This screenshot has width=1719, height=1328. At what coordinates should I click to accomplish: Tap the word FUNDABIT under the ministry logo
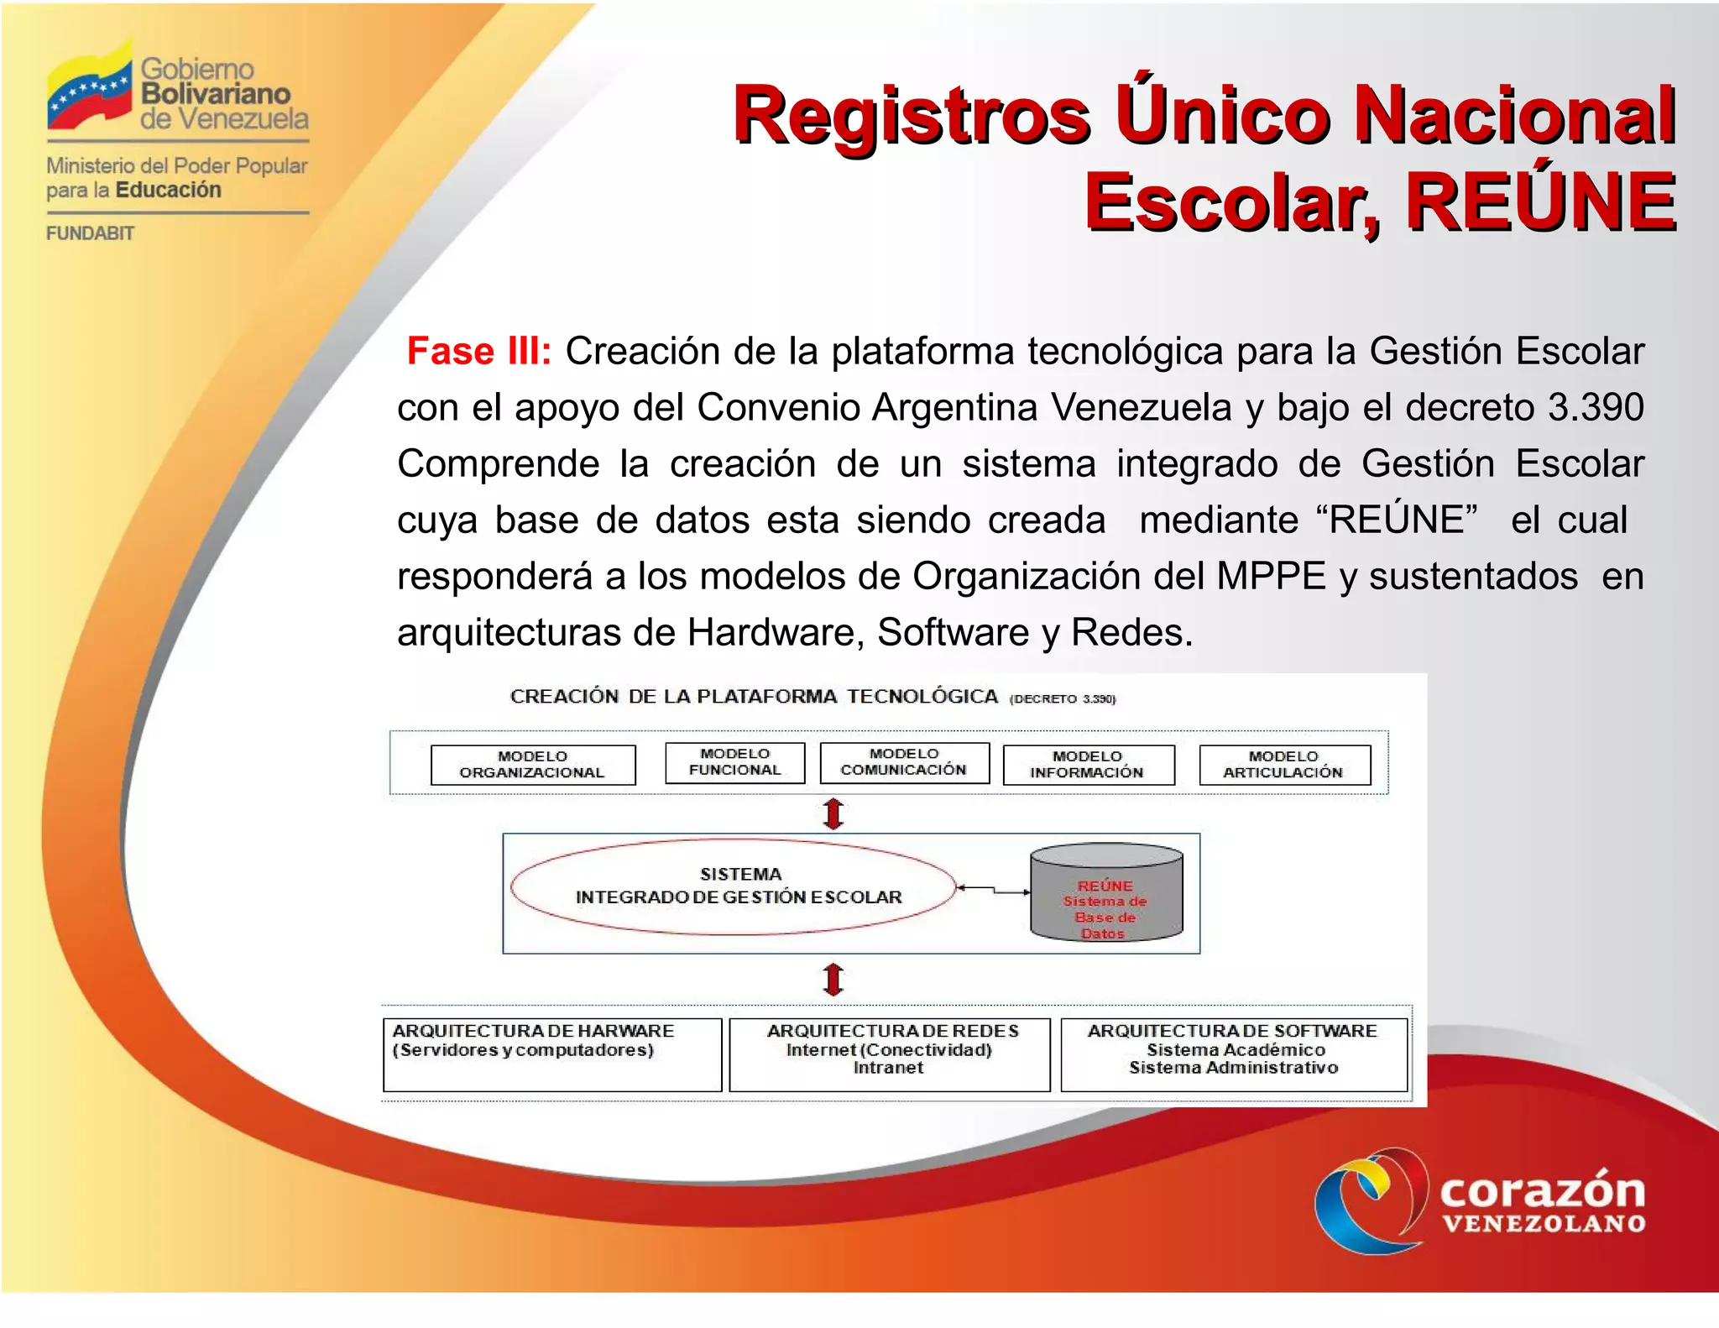[x=90, y=233]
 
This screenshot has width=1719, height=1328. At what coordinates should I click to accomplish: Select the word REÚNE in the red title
[x=1540, y=202]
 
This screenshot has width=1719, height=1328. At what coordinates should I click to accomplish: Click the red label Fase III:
[x=478, y=351]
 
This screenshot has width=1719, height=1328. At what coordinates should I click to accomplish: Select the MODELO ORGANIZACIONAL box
[x=532, y=765]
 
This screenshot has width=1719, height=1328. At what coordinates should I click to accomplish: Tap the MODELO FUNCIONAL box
[x=734, y=762]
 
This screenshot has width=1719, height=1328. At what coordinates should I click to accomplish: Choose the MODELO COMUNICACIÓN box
[x=904, y=762]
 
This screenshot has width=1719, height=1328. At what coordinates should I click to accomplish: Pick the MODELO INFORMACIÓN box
[x=1088, y=765]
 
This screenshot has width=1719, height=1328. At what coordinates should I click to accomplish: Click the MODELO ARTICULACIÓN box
[x=1284, y=765]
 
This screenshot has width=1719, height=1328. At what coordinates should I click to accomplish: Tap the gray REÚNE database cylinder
[x=1106, y=894]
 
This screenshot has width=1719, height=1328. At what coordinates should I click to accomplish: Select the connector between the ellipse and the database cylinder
[x=994, y=889]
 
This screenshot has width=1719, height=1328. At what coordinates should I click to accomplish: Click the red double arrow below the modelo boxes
[x=833, y=813]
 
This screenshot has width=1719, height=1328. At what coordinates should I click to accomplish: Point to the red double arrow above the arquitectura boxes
[x=833, y=979]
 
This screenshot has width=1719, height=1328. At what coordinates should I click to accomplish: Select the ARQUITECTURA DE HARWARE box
[x=551, y=1054]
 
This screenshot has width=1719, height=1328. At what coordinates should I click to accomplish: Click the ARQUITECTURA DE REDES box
[x=890, y=1054]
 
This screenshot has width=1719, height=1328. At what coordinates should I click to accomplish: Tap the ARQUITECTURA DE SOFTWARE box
[x=1233, y=1054]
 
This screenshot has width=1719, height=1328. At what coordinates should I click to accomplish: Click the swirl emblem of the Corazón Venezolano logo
[x=1371, y=1200]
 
